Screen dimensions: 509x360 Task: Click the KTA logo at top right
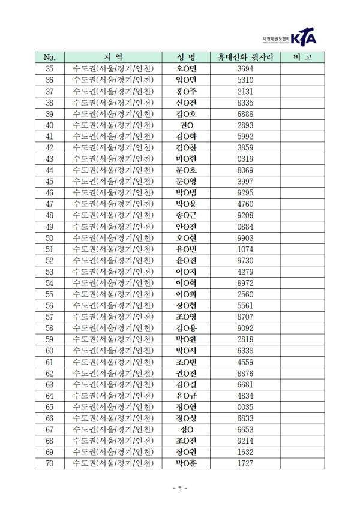303,37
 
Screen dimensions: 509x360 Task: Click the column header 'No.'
50,58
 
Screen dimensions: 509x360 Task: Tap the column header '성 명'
186,58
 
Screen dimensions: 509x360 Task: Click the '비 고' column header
301,58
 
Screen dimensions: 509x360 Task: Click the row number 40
50,125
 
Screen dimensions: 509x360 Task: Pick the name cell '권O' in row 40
186,125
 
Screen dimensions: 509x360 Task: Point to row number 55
50,294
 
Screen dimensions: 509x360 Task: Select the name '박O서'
186,351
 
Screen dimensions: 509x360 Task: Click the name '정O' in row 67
186,430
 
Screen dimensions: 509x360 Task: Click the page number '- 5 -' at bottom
179,488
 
